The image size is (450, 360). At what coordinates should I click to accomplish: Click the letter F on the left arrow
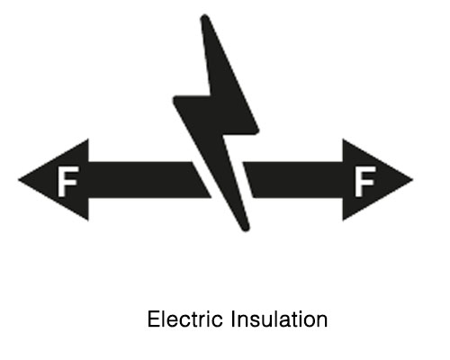click(x=66, y=182)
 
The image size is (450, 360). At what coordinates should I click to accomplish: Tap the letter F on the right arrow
click(x=364, y=182)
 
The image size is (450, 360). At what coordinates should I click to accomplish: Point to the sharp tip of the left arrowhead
click(x=19, y=179)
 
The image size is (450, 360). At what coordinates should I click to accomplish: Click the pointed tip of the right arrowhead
click(x=412, y=179)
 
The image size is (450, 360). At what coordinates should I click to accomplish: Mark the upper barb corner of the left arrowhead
click(x=88, y=139)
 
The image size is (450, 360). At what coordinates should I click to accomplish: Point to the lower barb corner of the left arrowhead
click(x=88, y=220)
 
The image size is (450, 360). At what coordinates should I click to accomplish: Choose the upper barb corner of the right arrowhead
click(x=343, y=139)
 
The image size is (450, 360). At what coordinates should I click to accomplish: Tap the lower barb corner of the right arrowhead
click(x=343, y=220)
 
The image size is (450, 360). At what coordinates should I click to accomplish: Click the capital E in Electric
click(x=152, y=319)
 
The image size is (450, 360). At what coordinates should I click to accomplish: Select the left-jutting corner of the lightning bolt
click(x=175, y=97)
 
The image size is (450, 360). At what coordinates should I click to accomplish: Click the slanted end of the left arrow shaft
click(x=202, y=179)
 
